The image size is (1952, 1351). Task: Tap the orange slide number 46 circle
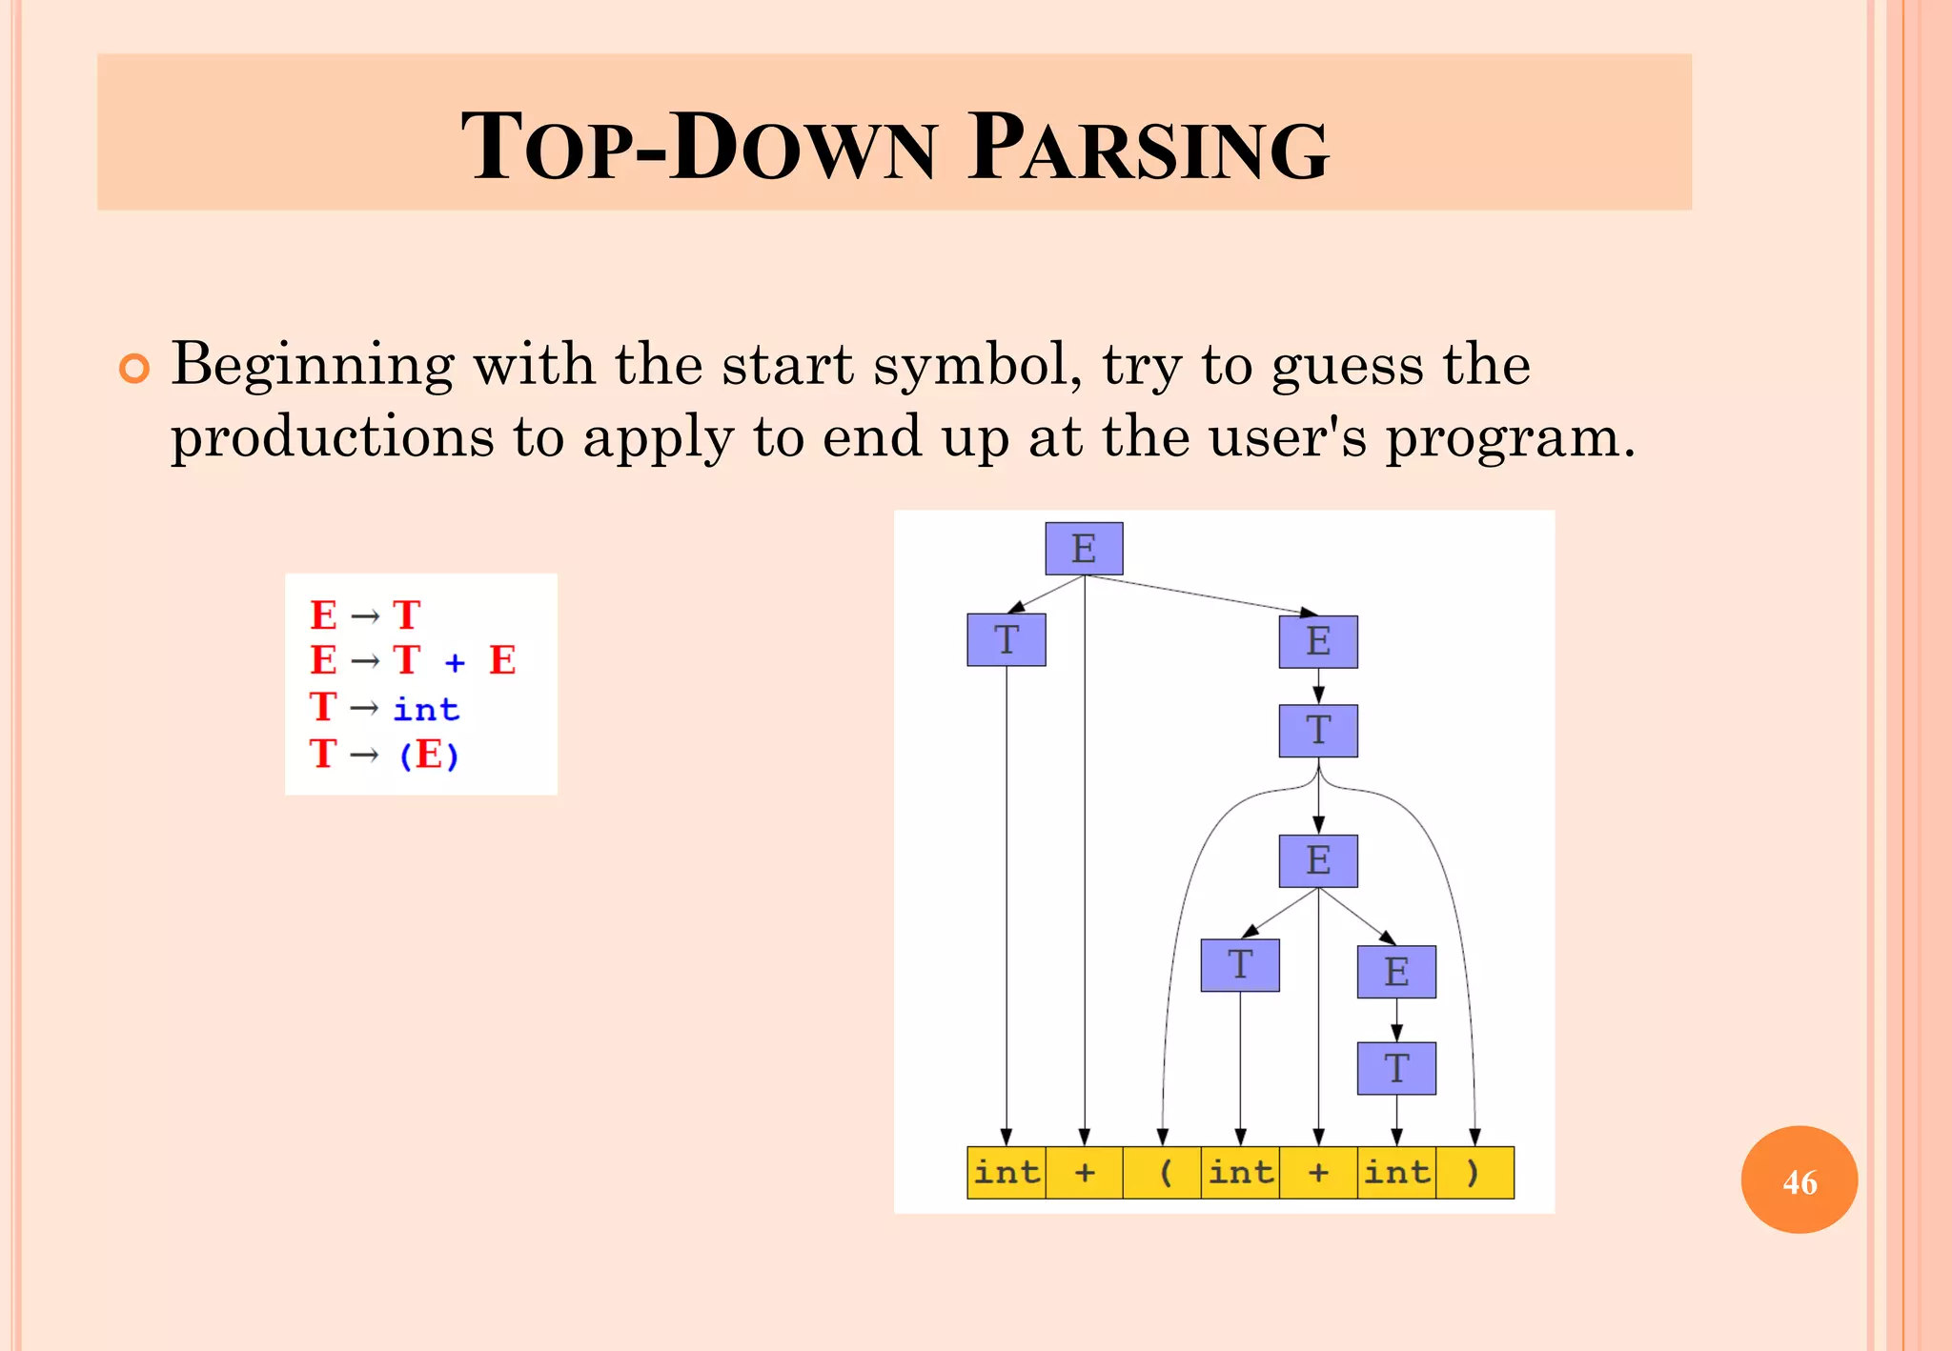(1799, 1180)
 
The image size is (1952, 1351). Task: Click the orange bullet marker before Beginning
(134, 369)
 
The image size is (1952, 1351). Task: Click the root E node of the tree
(1084, 549)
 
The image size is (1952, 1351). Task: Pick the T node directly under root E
(1006, 639)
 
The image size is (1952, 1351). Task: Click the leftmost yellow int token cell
(1006, 1172)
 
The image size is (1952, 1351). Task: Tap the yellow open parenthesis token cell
(1163, 1172)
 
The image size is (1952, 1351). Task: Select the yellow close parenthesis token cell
(1474, 1172)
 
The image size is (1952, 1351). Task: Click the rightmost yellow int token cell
(1396, 1172)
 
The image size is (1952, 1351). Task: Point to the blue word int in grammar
(426, 709)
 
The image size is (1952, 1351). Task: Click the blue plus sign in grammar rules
(455, 661)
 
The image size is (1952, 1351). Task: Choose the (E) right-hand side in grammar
(429, 755)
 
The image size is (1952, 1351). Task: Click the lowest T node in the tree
(1396, 1068)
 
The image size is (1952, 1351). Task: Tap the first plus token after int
(1085, 1172)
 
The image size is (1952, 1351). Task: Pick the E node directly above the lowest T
(1396, 972)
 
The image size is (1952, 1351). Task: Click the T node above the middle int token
(1240, 965)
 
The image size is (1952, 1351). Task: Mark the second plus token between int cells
(1318, 1172)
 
